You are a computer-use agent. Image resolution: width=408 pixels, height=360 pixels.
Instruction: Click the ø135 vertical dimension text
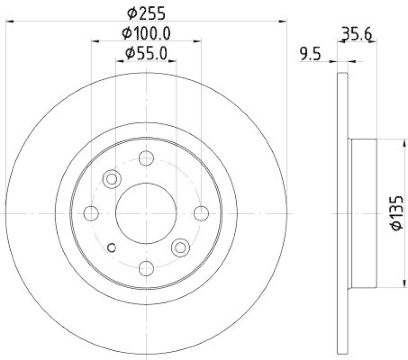[x=397, y=213]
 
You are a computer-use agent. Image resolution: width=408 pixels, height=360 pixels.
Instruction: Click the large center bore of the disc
[x=146, y=213]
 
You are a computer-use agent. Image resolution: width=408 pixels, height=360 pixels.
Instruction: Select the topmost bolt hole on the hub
[x=146, y=159]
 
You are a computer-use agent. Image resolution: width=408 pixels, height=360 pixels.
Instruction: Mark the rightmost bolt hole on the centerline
[x=201, y=213]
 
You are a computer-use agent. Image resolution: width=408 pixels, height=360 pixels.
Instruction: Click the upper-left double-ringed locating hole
[x=111, y=178]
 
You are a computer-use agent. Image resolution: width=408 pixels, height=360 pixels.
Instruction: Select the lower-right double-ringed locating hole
[x=180, y=247]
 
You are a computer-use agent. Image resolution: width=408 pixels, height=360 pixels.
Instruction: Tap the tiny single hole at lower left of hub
[x=113, y=248]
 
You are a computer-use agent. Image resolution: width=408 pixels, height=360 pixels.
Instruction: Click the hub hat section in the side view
[x=363, y=213]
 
